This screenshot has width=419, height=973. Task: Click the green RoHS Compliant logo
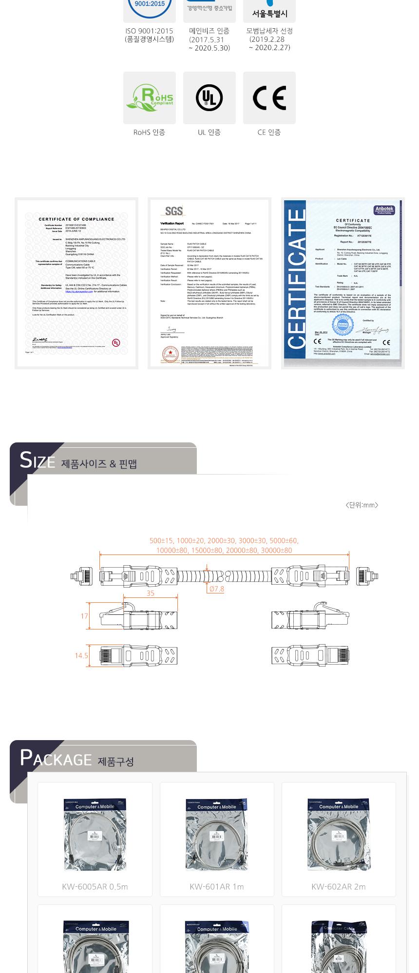tap(150, 98)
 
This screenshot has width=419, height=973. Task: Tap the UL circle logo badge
tap(209, 98)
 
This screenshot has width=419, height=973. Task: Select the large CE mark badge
tap(269, 98)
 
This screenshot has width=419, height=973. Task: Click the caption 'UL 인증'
tap(209, 132)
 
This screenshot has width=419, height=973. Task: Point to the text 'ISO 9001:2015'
tap(149, 31)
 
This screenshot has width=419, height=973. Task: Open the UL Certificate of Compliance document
tap(76, 283)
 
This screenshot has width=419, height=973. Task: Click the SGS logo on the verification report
tap(174, 210)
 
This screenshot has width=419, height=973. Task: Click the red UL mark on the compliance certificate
tap(116, 343)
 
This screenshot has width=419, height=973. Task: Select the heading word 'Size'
tap(37, 460)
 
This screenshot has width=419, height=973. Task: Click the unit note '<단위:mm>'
tap(362, 505)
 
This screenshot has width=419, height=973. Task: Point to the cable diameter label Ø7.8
tap(216, 589)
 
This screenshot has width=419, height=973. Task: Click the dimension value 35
tap(151, 593)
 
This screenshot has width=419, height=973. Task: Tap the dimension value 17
tap(84, 616)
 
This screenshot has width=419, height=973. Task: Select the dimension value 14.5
tap(81, 655)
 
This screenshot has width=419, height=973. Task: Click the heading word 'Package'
tap(56, 758)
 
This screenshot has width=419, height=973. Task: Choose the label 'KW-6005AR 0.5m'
tap(95, 887)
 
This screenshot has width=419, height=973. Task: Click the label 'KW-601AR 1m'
tap(217, 887)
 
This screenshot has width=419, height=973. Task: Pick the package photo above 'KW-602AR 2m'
tap(339, 834)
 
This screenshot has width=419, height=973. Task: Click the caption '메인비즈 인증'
tap(209, 31)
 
